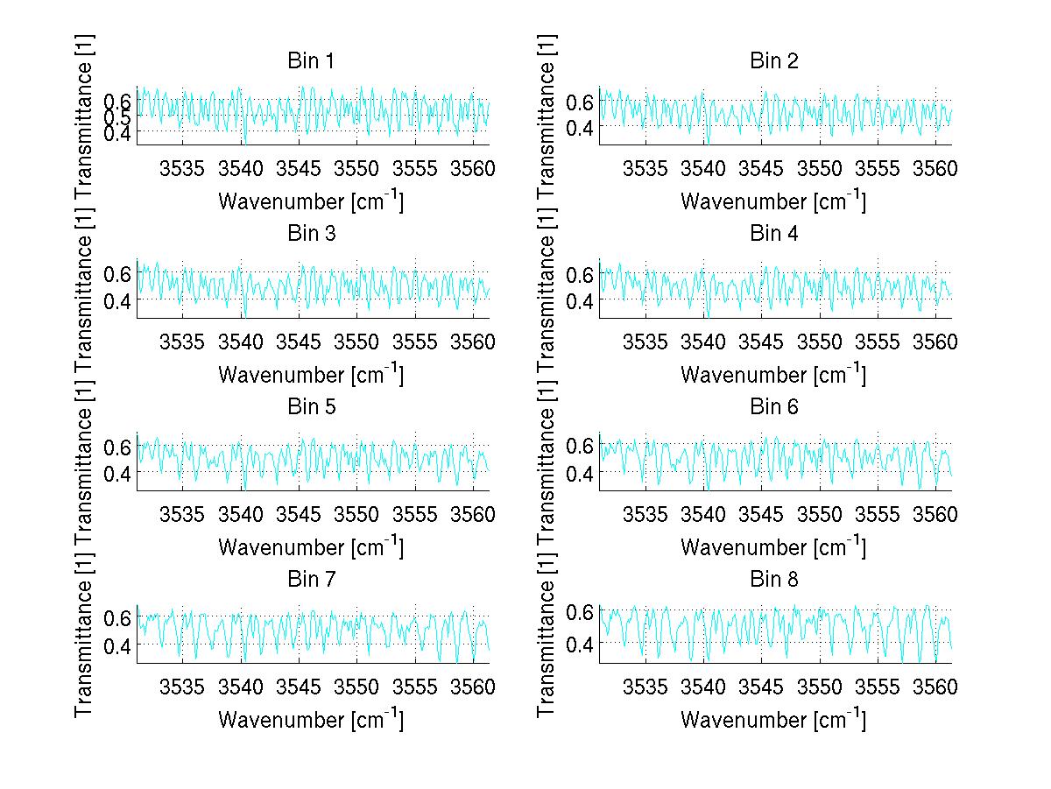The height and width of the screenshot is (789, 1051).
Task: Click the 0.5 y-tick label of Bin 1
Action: coord(119,116)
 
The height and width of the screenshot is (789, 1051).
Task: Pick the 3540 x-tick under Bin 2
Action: coord(703,168)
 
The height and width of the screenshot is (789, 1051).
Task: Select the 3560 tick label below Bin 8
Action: coord(935,686)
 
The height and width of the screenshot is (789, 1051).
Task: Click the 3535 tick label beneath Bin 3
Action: coord(183,341)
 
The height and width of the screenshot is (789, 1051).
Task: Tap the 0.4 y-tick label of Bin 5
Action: coord(119,473)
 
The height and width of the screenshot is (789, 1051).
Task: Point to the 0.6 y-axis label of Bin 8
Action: coord(582,611)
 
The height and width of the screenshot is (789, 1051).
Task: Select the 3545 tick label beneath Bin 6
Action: coord(761,513)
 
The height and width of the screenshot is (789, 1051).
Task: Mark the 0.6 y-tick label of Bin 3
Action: coord(119,273)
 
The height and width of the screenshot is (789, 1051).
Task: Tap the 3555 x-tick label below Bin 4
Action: coord(877,341)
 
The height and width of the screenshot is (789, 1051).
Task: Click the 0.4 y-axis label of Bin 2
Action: coord(582,128)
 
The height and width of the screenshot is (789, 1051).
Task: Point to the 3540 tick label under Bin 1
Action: coord(241,168)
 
